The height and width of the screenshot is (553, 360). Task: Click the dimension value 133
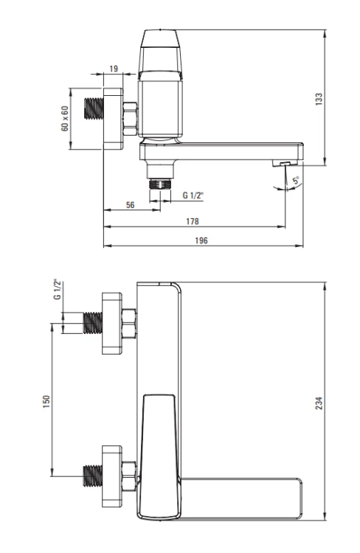(x=319, y=99)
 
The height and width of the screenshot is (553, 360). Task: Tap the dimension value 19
(x=114, y=69)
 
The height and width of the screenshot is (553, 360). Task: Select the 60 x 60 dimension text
(x=65, y=119)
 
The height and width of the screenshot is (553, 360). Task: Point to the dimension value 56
(x=131, y=205)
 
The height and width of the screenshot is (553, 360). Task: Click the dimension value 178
(x=193, y=221)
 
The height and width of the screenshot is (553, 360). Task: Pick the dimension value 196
(x=201, y=240)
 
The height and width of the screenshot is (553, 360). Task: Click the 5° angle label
(x=297, y=180)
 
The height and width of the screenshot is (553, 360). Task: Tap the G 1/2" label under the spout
(x=193, y=195)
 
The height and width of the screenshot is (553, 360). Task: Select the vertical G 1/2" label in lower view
(x=58, y=290)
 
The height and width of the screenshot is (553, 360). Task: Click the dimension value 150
(x=46, y=402)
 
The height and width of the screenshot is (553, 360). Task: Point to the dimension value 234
(x=319, y=403)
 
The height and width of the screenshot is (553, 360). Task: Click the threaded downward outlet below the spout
(x=160, y=184)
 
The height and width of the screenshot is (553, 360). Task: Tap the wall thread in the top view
(x=94, y=108)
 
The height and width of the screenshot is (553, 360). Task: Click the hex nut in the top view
(x=130, y=119)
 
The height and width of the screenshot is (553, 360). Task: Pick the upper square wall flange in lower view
(x=112, y=323)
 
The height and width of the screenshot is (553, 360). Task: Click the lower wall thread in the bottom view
(x=93, y=476)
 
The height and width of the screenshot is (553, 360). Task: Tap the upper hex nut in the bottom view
(x=129, y=324)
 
